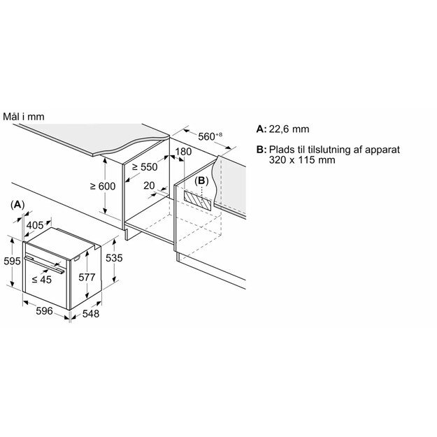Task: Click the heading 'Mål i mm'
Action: [23, 116]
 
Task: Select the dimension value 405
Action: [34, 225]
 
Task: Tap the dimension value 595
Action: [11, 261]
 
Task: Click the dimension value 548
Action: [90, 314]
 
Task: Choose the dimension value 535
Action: [113, 258]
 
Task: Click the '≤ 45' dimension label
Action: [41, 280]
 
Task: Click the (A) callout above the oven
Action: [18, 203]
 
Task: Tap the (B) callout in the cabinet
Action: [202, 180]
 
